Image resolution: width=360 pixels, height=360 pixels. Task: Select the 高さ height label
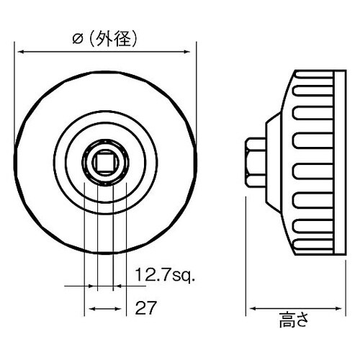pos(294,320)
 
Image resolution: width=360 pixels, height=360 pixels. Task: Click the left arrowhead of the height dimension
pos(251,308)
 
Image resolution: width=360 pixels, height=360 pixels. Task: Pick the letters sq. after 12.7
pos(185,275)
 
